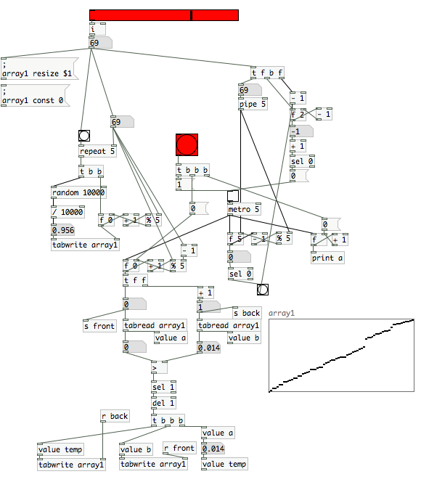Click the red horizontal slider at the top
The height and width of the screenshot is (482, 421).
pos(164,15)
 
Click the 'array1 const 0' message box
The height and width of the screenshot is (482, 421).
pos(36,95)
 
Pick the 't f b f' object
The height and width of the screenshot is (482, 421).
pos(267,73)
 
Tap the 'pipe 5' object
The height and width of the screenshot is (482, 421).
pos(253,104)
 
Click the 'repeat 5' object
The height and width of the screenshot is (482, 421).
pos(97,151)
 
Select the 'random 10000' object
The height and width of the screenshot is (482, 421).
pos(78,192)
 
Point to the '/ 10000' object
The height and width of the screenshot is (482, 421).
pos(68,212)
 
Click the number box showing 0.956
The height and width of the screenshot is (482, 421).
pos(63,230)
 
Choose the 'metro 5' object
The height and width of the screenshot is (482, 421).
pos(244,209)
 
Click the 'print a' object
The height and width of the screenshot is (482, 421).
pos(327,258)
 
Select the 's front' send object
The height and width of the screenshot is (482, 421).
pos(100,326)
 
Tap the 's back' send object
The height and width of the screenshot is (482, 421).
pos(247,313)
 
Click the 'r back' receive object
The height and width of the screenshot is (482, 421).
pos(115,416)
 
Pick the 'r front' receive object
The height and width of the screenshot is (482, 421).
pos(180,448)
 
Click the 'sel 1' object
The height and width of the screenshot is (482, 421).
pos(164,387)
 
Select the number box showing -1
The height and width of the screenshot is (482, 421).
pos(301,131)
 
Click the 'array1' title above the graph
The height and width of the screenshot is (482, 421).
pos(282,314)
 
